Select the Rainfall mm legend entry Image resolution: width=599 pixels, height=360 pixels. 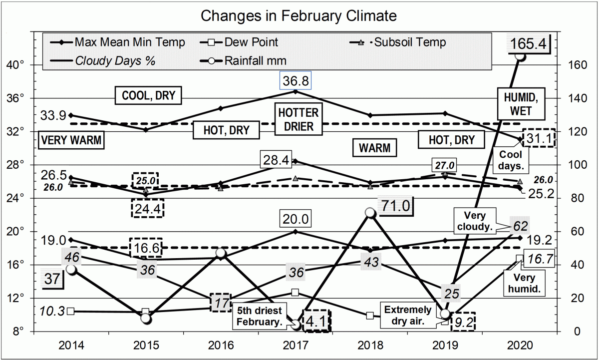tap(255, 61)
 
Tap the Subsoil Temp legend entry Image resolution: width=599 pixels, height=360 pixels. tap(409, 42)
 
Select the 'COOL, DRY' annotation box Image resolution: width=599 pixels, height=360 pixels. tap(148, 95)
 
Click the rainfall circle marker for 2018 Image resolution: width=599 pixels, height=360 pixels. tap(370, 213)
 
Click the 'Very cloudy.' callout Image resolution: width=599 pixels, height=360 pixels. tap(475, 221)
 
